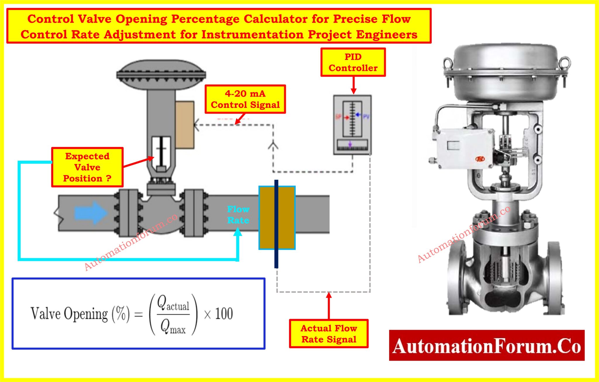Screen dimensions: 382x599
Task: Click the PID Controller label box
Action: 353,62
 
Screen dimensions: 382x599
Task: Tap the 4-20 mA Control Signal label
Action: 245,99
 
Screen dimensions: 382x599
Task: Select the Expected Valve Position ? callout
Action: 87,167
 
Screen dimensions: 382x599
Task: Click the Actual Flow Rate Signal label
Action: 328,334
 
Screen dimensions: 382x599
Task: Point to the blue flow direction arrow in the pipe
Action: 91,213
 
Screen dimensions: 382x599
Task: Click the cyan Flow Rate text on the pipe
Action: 238,215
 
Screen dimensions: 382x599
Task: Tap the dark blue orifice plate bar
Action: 276,224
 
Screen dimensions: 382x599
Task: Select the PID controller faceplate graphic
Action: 352,125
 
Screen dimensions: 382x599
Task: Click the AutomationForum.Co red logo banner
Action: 486,345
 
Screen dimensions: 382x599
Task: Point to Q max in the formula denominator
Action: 173,326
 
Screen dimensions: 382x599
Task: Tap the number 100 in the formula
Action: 224,314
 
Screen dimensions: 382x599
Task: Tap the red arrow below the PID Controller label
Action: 353,85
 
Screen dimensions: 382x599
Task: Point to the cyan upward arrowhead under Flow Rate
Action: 238,232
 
